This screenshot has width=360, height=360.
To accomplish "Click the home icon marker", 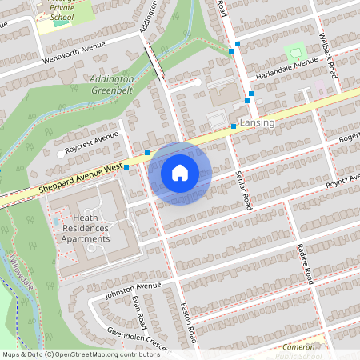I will (x=180, y=173).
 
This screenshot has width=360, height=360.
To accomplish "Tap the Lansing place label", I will (x=257, y=122).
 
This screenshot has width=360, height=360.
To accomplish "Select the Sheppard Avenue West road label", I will (x=79, y=178).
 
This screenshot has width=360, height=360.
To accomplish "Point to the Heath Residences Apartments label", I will (x=86, y=228).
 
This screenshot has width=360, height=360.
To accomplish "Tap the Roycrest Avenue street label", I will (x=92, y=143).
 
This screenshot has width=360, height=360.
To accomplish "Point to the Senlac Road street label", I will (x=243, y=190).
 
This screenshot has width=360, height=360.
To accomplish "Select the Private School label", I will (x=62, y=11).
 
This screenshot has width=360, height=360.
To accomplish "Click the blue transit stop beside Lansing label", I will (x=234, y=126).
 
